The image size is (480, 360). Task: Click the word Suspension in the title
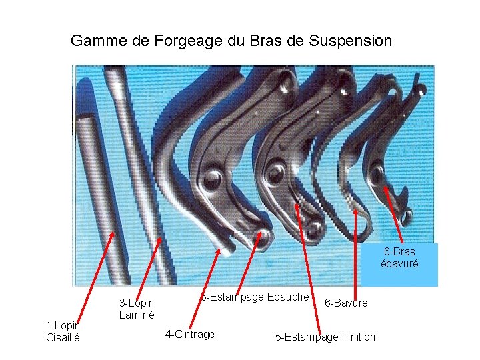[351, 41]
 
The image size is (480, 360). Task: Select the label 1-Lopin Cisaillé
[63, 331]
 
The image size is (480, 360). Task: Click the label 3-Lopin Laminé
[137, 309]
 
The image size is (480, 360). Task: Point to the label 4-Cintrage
[189, 334]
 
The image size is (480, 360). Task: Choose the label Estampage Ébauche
[257, 296]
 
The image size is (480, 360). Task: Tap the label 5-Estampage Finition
[325, 337]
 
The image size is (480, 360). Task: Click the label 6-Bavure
[345, 303]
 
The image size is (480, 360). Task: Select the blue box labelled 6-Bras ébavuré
[399, 257]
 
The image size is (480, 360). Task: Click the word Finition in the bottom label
[357, 337]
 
